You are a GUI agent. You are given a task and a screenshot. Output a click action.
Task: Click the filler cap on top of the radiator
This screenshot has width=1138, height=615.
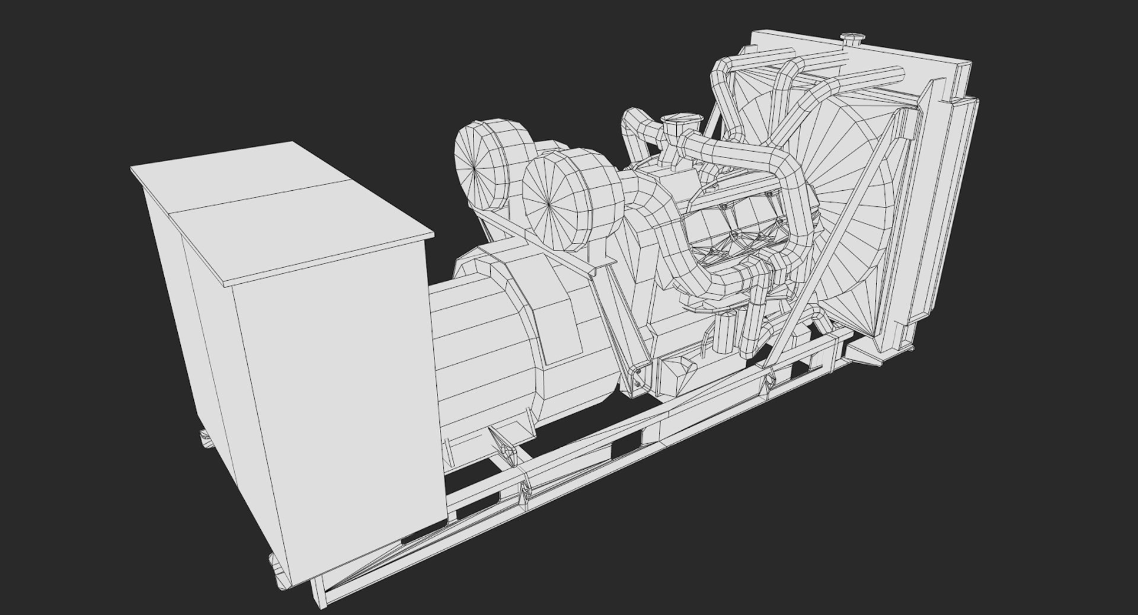(854, 39)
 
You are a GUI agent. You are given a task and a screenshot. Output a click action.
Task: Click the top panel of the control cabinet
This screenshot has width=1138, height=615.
(279, 207)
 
